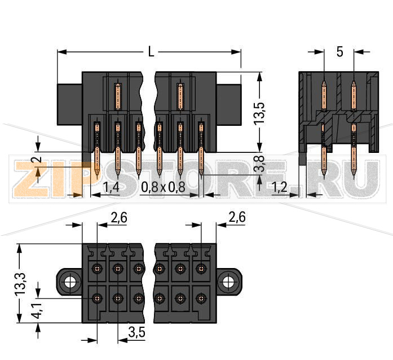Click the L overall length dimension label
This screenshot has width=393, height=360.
[151, 52]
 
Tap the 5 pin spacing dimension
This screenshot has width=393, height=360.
[339, 52]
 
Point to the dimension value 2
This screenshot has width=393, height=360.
[37, 163]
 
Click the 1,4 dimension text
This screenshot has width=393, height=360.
[111, 187]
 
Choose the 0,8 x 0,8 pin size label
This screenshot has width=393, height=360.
[163, 187]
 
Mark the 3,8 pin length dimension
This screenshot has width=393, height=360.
[259, 165]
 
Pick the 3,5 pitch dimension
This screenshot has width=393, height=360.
[137, 333]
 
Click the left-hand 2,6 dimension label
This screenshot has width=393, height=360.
[118, 217]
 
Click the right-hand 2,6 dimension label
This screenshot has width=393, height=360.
[236, 217]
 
